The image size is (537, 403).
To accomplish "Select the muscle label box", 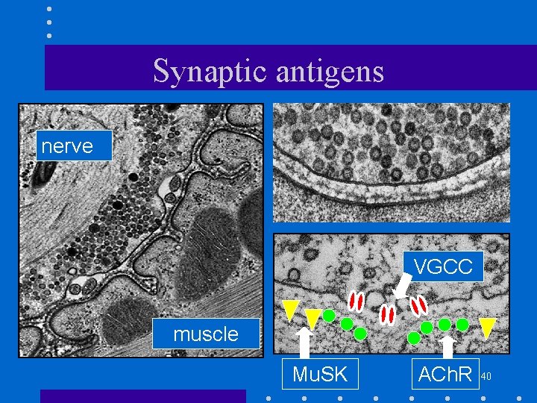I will [206, 334].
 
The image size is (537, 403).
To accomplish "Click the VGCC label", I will [443, 266].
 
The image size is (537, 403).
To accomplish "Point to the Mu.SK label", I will [320, 374].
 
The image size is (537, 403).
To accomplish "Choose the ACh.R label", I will [445, 374].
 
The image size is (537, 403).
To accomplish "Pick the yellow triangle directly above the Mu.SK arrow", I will [313, 318].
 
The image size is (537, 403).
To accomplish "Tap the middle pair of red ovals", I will [387, 314].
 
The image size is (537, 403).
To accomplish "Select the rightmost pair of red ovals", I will [419, 305].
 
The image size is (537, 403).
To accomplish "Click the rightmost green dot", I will [462, 325].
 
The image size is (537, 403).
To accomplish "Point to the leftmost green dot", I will [328, 316].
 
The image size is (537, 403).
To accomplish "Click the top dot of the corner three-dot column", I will [49, 10].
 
